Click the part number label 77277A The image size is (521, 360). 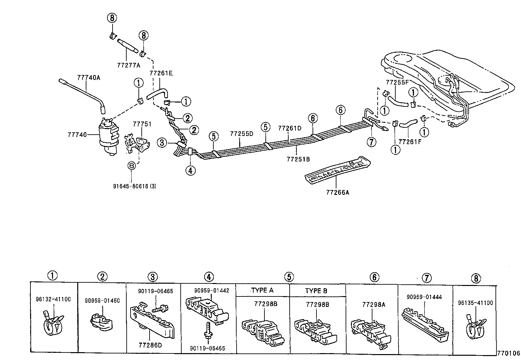[x=128, y=65]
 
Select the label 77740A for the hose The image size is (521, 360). [x=89, y=78]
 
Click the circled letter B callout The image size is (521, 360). [x=131, y=166]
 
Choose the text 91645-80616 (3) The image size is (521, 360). [x=135, y=186]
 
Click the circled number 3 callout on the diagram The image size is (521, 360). [x=162, y=142]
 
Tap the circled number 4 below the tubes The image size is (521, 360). [x=190, y=170]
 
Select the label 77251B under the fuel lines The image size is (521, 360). [x=298, y=159]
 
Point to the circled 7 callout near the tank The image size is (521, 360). [x=371, y=142]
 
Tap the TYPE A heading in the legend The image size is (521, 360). [x=262, y=290]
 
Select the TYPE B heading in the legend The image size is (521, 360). [x=316, y=291]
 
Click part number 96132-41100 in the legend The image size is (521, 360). [x=53, y=299]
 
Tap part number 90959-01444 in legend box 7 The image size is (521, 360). [x=424, y=297]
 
